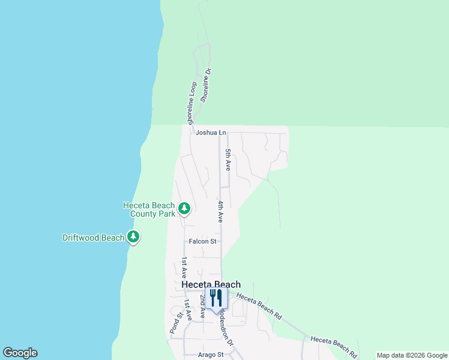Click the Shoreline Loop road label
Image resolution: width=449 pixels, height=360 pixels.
[192, 103]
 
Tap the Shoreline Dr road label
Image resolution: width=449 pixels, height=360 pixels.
[206, 85]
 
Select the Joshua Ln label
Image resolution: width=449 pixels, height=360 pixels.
[210, 133]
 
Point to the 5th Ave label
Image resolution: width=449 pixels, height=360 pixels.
[228, 160]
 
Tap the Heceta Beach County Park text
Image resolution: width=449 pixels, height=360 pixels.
[149, 209]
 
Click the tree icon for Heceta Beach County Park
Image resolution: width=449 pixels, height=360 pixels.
[184, 209]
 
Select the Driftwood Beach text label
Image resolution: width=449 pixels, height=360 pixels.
[93, 238]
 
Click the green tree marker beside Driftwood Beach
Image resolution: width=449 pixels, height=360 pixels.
[133, 238]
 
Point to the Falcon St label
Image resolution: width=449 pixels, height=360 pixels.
[202, 241]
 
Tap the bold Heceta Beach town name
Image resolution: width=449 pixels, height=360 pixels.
[211, 284]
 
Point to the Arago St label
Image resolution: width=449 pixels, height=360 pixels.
[210, 355]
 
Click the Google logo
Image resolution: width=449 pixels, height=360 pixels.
[20, 353]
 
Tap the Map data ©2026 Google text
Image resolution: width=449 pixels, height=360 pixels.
[412, 355]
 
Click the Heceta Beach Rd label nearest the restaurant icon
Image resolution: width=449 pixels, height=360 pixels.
[259, 305]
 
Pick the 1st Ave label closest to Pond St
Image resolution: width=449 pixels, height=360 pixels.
[188, 309]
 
